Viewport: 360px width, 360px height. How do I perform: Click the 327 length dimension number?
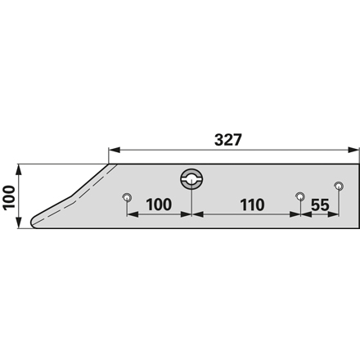pyautogui.click(x=228, y=140)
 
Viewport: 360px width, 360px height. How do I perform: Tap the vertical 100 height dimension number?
pyautogui.click(x=9, y=197)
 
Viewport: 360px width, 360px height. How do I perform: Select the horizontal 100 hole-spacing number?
pyautogui.click(x=160, y=205)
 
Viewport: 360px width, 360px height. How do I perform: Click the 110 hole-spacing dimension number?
pyautogui.click(x=252, y=205)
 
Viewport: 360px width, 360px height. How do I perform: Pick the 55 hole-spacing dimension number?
pyautogui.click(x=320, y=205)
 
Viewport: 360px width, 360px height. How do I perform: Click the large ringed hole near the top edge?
pyautogui.click(x=191, y=179)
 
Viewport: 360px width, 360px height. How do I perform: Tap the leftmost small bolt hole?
pyautogui.click(x=127, y=197)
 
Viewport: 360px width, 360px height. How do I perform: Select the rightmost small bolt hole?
pyautogui.click(x=339, y=187)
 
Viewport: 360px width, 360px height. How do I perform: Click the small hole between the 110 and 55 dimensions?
pyautogui.click(x=300, y=196)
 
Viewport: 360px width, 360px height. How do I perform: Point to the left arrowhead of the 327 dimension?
pyautogui.click(x=115, y=150)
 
